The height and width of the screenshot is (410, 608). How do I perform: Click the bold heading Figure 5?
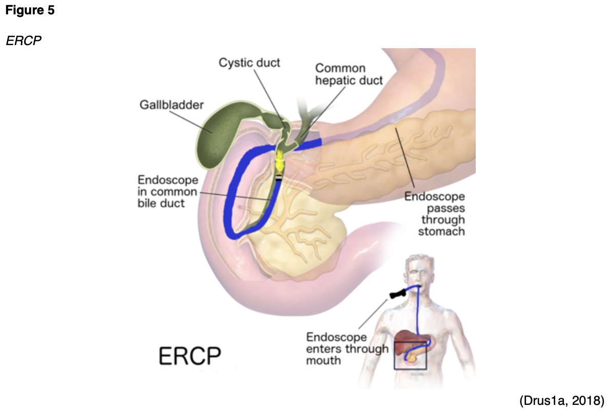30,11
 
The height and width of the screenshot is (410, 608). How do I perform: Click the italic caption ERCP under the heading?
24,40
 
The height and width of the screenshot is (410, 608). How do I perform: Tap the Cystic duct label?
250,63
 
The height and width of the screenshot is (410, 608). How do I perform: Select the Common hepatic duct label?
349,74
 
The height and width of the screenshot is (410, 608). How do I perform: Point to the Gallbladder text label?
172,105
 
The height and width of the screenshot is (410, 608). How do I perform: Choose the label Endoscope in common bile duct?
168,192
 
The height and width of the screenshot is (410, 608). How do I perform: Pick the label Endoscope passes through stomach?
441,214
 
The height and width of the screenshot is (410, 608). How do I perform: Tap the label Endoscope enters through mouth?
347,348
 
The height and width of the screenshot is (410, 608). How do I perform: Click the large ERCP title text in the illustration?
190,356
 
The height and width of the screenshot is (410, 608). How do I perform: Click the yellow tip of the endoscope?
279,161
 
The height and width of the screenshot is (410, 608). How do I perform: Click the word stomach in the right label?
441,231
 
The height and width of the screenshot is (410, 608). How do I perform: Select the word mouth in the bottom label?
323,361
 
